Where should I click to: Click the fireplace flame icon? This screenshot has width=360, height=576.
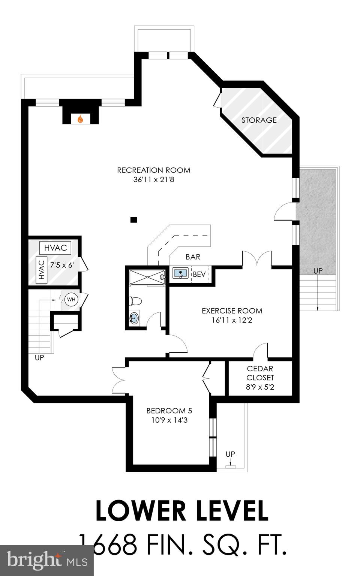click(x=80, y=119)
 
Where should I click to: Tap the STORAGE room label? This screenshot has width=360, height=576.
click(x=259, y=120)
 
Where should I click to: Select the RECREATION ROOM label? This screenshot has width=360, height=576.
click(x=154, y=170)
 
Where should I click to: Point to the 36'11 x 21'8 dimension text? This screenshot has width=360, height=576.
click(x=154, y=180)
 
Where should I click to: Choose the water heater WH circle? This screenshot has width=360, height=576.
click(x=70, y=299)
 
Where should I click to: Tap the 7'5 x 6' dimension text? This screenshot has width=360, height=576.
click(x=62, y=265)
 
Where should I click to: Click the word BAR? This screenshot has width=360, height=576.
click(x=193, y=257)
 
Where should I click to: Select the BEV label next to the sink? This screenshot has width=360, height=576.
click(x=199, y=274)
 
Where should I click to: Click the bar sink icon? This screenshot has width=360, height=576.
click(x=180, y=273)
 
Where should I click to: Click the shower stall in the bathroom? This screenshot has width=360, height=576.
click(x=147, y=277)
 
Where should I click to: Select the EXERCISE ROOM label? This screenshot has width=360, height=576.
click(x=232, y=310)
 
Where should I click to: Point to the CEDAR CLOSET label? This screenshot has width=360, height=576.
click(x=260, y=373)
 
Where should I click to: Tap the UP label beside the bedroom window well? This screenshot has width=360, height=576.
click(x=230, y=454)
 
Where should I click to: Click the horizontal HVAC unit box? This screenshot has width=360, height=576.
click(x=55, y=248)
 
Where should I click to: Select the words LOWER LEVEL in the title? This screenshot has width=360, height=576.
click(x=182, y=511)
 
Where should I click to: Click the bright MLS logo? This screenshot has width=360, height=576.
click(x=47, y=561)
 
